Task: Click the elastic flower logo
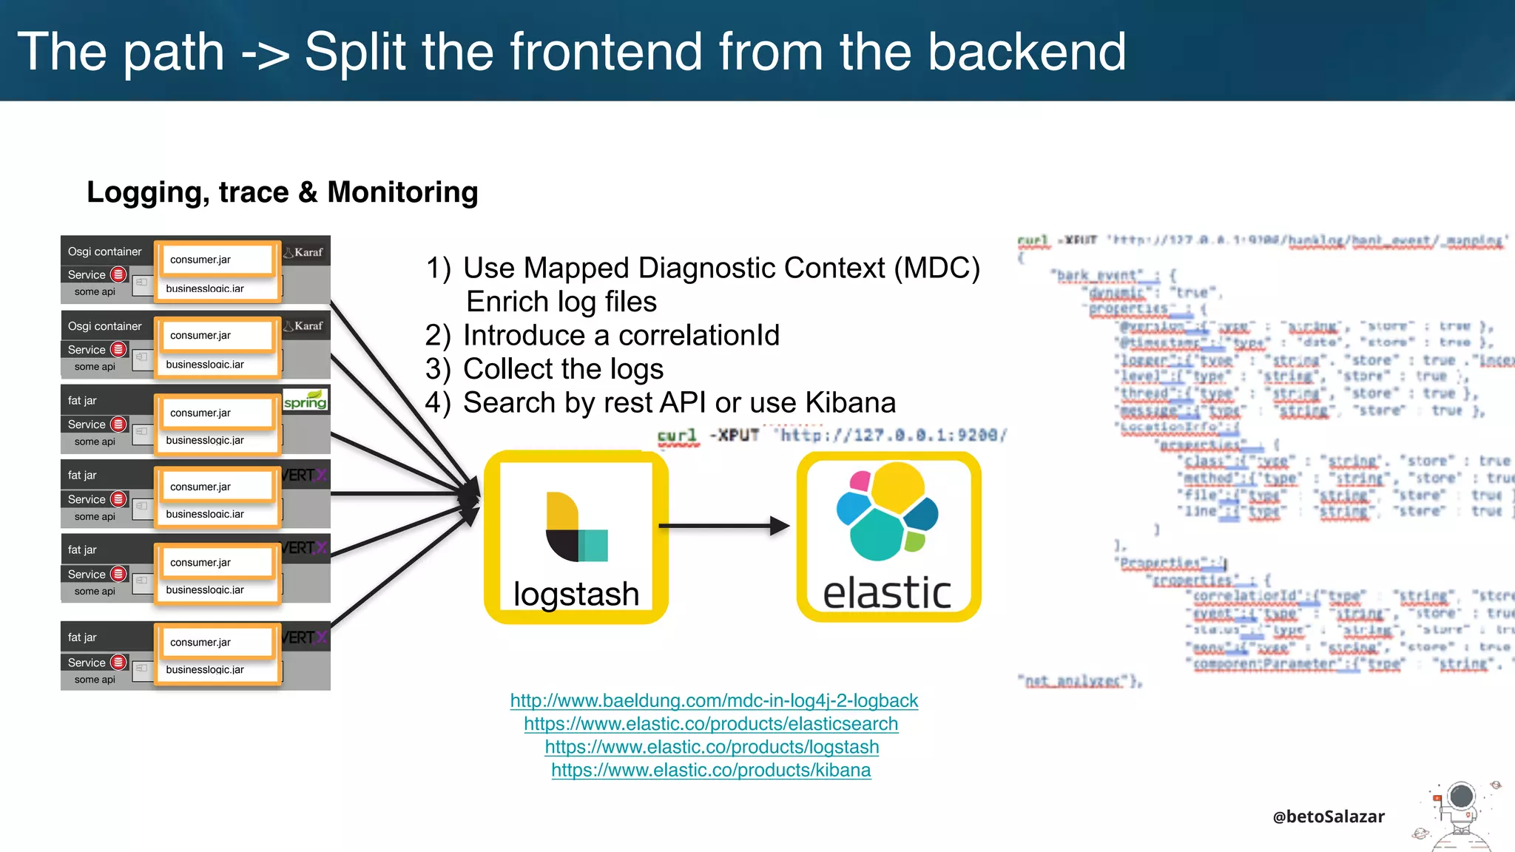point(887,512)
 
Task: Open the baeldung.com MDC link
point(714,700)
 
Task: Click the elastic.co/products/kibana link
point(711,770)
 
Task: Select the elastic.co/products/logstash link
point(712,747)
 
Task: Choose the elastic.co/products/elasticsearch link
point(711,723)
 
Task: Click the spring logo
point(306,400)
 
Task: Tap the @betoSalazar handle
point(1328,816)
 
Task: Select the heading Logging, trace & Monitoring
point(283,192)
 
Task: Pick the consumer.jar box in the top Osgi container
point(217,260)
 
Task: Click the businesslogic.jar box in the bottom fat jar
point(217,670)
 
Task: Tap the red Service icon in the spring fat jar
point(118,425)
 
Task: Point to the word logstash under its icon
point(576,594)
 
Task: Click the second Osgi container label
point(104,326)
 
